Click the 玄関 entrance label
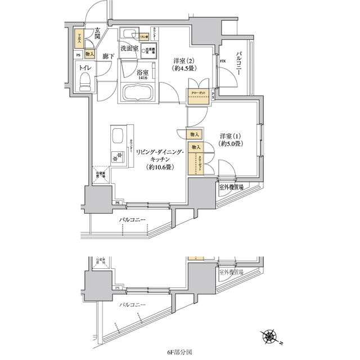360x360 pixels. coord(98,34)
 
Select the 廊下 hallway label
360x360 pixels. coord(109,57)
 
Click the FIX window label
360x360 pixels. coord(223,61)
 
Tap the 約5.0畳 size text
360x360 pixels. coord(230,144)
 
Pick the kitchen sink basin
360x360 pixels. coord(119,137)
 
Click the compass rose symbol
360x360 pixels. coord(271,337)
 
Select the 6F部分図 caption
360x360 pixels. coord(179,352)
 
